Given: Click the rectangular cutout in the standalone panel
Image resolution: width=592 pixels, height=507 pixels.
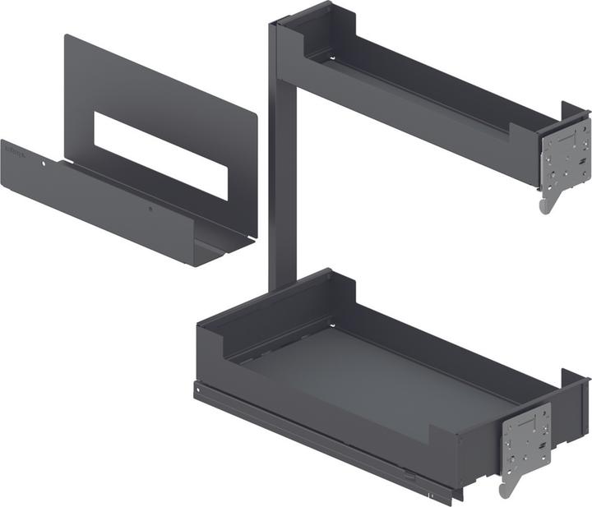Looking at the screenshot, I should coord(160,154).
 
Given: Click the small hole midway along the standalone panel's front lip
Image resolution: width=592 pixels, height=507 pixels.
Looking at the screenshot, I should coord(150,210).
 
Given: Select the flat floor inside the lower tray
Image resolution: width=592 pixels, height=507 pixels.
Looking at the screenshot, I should coord(386,370).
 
